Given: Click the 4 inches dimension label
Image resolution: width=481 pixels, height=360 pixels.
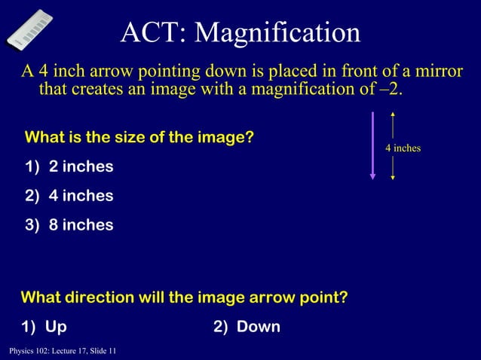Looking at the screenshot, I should [403, 148].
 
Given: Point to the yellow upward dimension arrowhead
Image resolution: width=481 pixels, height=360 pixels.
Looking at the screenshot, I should [393, 115].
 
